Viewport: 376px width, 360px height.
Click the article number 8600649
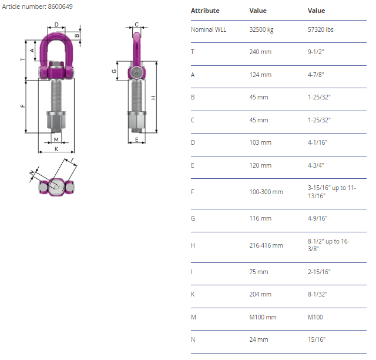(60, 6)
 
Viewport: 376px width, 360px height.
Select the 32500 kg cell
(261, 29)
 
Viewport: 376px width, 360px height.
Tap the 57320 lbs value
(321, 29)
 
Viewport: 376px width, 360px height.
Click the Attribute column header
(205, 11)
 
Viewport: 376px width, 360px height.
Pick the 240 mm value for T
(260, 52)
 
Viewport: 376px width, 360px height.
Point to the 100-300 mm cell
(266, 192)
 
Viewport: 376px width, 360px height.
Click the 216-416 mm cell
(266, 245)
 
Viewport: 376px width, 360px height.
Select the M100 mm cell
(263, 317)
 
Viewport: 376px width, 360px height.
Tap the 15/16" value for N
(317, 339)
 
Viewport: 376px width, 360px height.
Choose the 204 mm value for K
(260, 294)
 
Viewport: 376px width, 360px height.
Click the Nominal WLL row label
(209, 29)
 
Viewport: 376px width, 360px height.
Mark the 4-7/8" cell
(316, 75)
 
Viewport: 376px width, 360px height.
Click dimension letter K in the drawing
(56, 149)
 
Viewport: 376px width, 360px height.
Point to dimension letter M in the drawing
(56, 139)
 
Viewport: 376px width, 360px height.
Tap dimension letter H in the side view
(153, 98)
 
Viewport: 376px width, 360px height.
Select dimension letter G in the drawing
(114, 71)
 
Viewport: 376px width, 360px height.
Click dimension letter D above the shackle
(56, 25)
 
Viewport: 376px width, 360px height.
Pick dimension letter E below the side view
(137, 139)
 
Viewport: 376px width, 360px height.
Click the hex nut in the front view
(56, 121)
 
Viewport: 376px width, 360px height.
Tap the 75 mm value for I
(258, 272)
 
